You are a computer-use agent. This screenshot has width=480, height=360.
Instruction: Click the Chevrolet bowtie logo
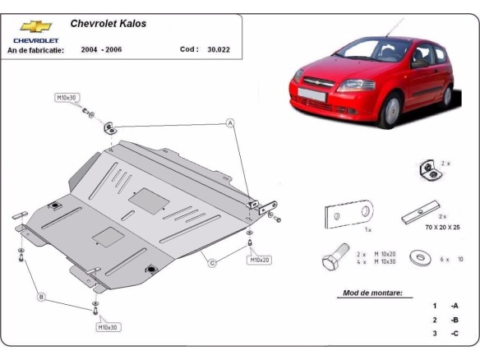[35, 27]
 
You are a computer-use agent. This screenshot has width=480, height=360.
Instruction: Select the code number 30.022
[218, 48]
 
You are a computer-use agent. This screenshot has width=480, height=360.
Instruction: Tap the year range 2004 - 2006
[103, 48]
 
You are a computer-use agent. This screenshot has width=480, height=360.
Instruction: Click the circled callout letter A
[231, 123]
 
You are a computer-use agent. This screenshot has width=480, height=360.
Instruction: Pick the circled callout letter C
[211, 263]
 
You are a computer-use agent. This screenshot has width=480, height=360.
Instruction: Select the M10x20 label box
[260, 260]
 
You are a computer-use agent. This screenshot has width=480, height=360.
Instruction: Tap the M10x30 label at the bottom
[108, 326]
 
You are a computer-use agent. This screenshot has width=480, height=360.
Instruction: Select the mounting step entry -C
[453, 334]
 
